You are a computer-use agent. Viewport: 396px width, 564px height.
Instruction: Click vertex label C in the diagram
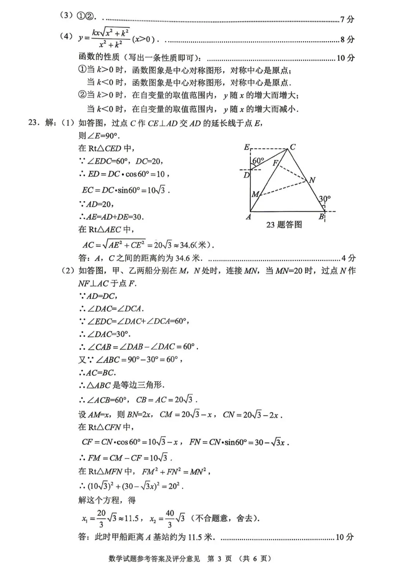(293, 147)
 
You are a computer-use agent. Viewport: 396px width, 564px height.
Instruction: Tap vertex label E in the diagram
(247, 147)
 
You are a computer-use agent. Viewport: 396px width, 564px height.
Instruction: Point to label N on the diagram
(312, 180)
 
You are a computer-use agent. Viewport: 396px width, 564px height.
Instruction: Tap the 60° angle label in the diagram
(258, 161)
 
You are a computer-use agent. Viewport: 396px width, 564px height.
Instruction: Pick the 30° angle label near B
(324, 199)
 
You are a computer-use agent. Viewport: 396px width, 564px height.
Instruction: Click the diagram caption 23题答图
(284, 225)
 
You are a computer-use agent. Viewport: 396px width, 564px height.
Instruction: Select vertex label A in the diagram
(248, 217)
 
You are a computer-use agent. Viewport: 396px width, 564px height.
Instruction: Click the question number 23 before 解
(34, 123)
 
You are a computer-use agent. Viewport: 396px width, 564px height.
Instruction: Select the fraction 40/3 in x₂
(169, 519)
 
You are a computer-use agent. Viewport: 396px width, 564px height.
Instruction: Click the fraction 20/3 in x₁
(101, 519)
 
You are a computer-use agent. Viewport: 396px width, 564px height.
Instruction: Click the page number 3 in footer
(220, 559)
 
